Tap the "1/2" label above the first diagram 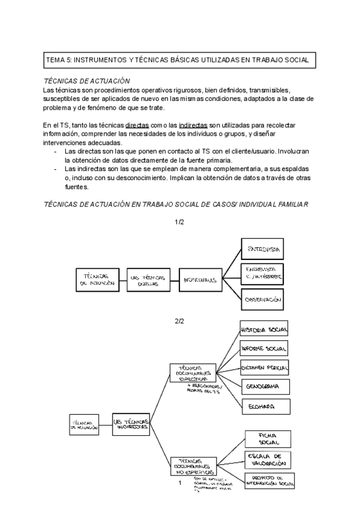click(x=179, y=223)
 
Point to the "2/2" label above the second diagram click(x=179, y=321)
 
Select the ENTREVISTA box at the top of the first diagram click(x=262, y=248)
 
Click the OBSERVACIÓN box click(x=263, y=298)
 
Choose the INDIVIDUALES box click(x=200, y=279)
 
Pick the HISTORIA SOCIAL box click(x=264, y=330)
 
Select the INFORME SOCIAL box click(x=264, y=348)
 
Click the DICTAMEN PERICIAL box click(x=265, y=366)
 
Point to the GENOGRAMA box click(x=265, y=385)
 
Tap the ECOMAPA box click(x=265, y=406)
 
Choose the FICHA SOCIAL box click(x=268, y=438)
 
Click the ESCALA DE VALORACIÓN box click(x=269, y=460)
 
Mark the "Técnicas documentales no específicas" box click(x=192, y=463)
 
